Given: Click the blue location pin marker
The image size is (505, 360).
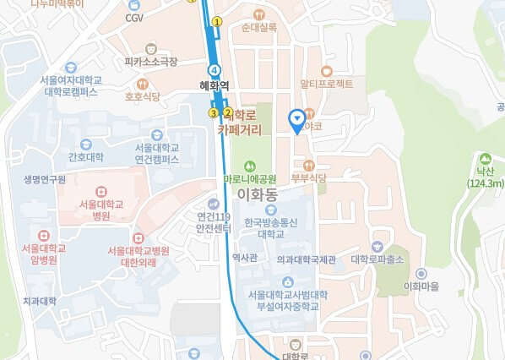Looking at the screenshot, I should [x=296, y=120].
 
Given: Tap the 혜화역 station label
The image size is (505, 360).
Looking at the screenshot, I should [x=214, y=85].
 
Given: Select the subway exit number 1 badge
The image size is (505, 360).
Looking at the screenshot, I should [x=217, y=21].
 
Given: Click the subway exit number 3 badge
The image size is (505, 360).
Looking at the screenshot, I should [x=214, y=112].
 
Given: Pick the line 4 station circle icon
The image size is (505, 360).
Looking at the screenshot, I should [x=214, y=69].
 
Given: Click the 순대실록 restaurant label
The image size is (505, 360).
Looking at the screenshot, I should [x=258, y=28].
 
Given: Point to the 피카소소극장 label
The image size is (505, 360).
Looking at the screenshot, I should [x=151, y=62].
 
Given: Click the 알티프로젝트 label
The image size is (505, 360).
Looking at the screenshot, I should [x=327, y=84].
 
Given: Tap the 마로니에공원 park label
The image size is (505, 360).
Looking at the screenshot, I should [x=250, y=178].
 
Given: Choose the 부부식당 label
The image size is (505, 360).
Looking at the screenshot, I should [x=308, y=177].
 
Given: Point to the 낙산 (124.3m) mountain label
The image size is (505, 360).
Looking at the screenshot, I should [x=485, y=177].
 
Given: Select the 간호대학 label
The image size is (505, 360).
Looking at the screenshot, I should [x=85, y=157].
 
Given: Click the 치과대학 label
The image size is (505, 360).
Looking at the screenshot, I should [x=39, y=301].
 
